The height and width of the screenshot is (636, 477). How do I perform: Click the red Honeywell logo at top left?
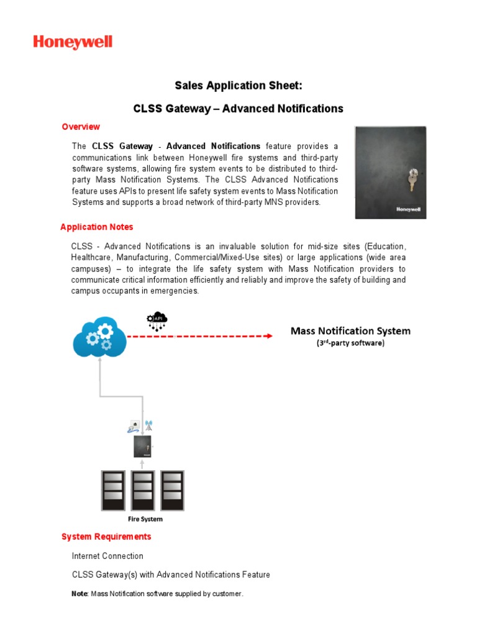tap(73, 42)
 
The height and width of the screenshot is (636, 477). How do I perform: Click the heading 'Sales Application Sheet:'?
tap(238, 85)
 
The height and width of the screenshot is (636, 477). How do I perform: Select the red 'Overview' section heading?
tap(81, 127)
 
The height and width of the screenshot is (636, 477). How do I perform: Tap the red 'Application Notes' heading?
tap(96, 227)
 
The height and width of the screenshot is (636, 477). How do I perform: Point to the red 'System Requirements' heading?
tap(106, 537)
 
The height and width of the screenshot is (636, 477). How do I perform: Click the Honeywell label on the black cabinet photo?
tap(409, 209)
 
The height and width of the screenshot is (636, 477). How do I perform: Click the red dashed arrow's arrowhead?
tap(268, 336)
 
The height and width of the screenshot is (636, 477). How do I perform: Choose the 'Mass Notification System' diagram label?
tap(350, 331)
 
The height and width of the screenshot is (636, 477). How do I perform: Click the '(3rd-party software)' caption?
tap(350, 343)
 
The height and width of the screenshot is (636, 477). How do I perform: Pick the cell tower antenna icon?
tap(148, 426)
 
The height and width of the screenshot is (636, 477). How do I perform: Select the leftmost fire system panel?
tap(112, 490)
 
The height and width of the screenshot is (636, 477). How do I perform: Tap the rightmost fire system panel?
tap(173, 490)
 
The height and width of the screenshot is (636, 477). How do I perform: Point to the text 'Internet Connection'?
tap(107, 556)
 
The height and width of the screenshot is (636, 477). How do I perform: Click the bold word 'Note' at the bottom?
tap(79, 594)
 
